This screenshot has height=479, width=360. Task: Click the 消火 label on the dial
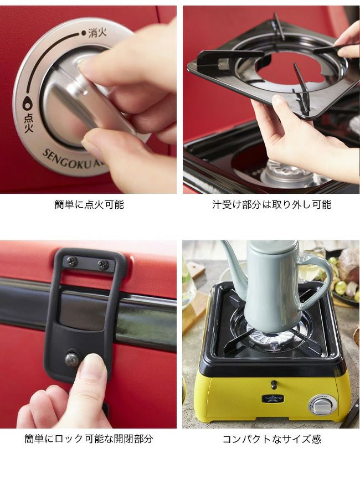[x=97, y=33]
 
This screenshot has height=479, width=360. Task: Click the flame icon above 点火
[x=27, y=104]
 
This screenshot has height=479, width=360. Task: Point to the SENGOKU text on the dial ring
[x=61, y=161]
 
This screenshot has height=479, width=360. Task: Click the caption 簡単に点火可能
[x=89, y=204]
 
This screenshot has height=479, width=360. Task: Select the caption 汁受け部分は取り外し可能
[x=272, y=204]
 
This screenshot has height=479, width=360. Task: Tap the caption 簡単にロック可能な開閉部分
[x=89, y=439]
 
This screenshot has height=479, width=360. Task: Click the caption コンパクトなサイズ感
[x=272, y=439]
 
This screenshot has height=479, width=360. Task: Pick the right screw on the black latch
[x=103, y=264]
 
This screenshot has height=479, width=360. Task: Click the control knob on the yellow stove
[x=321, y=405]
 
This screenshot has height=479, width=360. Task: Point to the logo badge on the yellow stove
[x=273, y=398]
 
